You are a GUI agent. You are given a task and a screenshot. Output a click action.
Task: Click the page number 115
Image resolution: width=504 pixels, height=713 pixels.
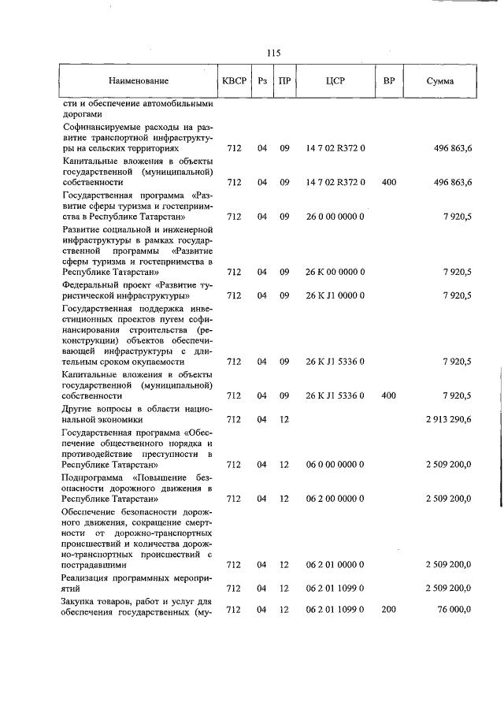(x=274, y=54)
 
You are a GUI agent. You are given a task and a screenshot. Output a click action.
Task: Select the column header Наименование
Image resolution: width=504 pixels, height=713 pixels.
(x=139, y=80)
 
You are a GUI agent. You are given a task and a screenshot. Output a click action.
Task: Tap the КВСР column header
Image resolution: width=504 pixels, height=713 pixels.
(x=234, y=80)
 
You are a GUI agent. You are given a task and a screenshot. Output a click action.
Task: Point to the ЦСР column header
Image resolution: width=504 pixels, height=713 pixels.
(x=335, y=80)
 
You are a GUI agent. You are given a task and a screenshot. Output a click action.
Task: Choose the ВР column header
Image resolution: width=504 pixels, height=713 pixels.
(x=388, y=80)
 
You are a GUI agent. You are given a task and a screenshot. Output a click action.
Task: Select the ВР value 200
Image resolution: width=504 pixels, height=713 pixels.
(x=388, y=609)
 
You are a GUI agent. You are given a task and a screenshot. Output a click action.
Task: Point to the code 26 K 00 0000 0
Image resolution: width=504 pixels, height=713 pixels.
(x=335, y=272)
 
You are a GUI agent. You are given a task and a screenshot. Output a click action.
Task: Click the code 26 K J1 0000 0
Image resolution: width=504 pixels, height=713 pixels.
(x=335, y=295)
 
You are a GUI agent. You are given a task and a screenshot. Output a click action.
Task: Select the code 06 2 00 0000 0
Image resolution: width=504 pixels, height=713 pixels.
(x=335, y=499)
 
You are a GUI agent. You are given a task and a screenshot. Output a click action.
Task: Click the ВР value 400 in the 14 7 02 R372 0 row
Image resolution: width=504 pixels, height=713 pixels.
(x=388, y=182)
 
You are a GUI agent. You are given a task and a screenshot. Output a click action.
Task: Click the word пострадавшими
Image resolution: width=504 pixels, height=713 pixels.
(x=94, y=565)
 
